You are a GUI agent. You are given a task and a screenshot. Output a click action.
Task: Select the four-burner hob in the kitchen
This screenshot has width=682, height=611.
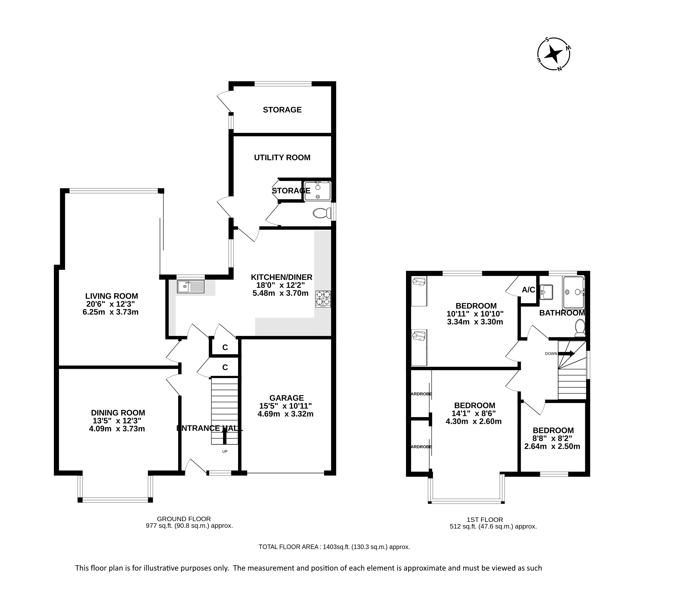pos(323,299)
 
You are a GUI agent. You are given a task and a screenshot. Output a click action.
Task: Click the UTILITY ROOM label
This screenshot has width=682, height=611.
pos(282,158)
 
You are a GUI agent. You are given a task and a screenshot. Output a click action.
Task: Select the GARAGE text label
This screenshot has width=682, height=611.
pos(286,398)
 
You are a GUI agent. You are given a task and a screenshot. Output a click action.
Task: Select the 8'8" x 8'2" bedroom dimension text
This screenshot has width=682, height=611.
pos(552,439)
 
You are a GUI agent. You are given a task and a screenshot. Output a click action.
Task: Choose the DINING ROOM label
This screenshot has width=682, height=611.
pos(118,413)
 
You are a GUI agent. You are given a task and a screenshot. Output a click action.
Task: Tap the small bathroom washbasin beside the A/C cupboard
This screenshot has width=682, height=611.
pos(546,292)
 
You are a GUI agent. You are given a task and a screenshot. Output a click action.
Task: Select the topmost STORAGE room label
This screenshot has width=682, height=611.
pos(282,110)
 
